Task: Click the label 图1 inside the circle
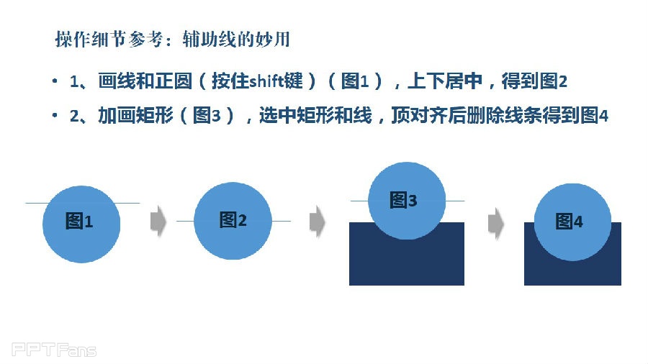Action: [x=79, y=222]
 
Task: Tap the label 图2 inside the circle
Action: [x=233, y=219]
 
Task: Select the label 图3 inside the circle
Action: [x=403, y=200]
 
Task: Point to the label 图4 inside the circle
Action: [x=569, y=222]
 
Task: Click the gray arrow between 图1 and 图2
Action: [x=158, y=222]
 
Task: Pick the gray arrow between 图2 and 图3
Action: [x=318, y=222]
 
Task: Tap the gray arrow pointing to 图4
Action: [x=496, y=223]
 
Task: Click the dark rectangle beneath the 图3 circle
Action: [x=407, y=260]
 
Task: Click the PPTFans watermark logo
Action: [x=54, y=350]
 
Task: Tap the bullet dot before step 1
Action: [x=55, y=81]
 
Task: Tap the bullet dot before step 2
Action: [x=55, y=115]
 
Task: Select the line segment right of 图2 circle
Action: [x=281, y=222]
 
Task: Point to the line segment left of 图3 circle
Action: [x=359, y=201]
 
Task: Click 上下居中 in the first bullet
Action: [x=445, y=81]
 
